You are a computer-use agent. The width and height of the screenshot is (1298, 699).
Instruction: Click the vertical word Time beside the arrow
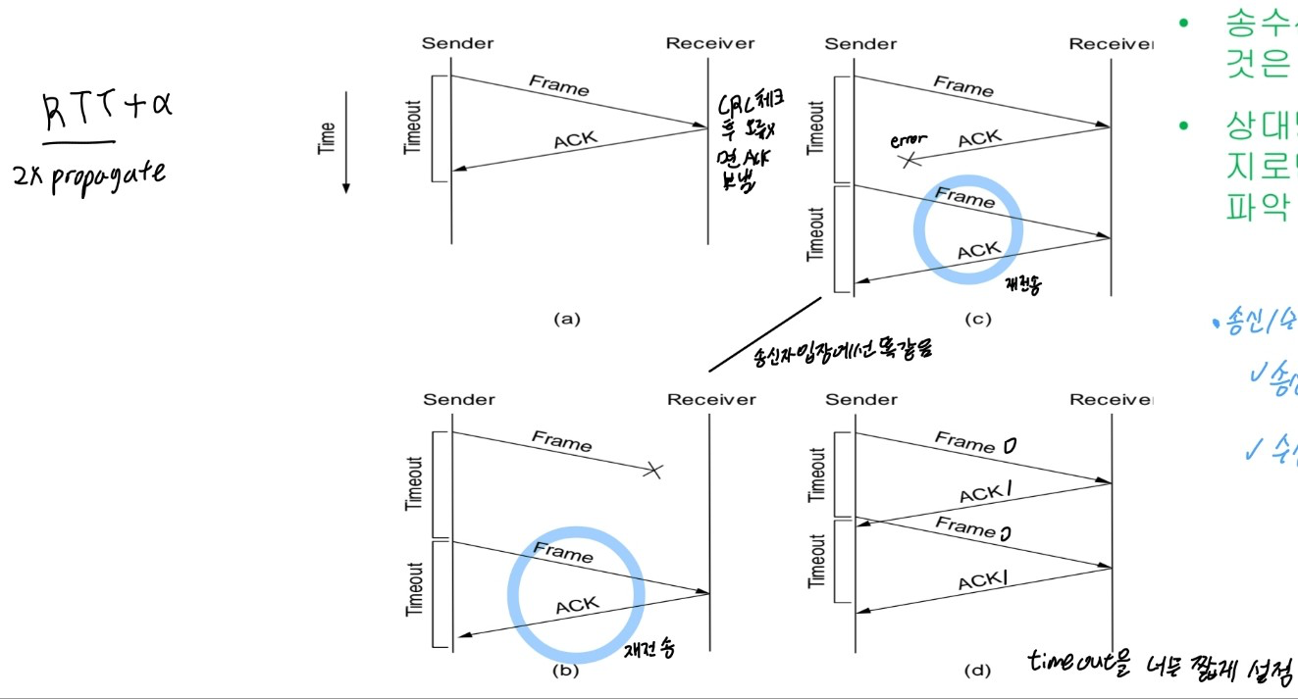[328, 137]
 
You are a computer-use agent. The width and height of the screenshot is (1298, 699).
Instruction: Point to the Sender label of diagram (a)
[457, 43]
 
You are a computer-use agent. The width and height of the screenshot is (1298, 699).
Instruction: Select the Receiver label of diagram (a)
[710, 43]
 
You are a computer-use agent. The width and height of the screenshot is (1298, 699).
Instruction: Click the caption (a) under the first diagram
[568, 318]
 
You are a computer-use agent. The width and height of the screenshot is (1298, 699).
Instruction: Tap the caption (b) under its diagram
[566, 671]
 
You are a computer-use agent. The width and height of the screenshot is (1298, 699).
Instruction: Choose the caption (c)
[976, 319]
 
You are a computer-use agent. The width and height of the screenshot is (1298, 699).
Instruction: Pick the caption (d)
[976, 672]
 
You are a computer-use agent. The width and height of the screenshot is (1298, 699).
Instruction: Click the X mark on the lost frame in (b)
[652, 471]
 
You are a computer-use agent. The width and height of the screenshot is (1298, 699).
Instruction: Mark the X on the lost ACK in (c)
[911, 160]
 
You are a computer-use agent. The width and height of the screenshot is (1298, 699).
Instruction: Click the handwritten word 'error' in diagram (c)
[908, 140]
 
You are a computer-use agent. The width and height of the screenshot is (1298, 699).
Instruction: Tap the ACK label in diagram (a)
[575, 140]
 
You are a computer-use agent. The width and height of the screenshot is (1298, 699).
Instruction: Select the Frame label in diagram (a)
[559, 85]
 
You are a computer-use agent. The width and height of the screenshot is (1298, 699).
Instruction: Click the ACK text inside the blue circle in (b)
[577, 606]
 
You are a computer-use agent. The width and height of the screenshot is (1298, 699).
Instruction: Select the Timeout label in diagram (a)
[412, 127]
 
